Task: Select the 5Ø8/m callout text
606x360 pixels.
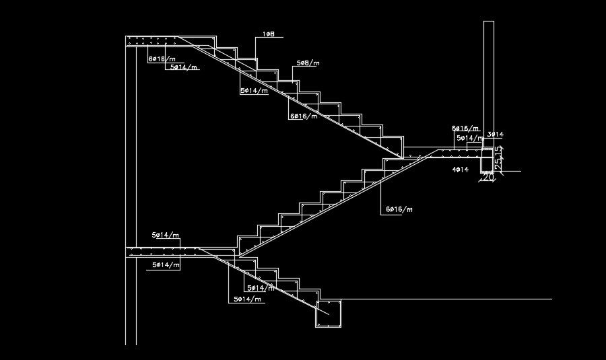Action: (307, 63)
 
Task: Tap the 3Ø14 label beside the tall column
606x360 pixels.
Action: (495, 135)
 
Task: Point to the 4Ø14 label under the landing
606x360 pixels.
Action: (461, 170)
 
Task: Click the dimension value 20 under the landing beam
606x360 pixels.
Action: (487, 180)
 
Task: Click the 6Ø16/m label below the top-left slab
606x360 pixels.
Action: (162, 59)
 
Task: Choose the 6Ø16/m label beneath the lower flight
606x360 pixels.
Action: (399, 210)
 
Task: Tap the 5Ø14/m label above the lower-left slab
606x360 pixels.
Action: (166, 235)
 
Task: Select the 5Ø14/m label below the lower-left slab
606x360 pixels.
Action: (166, 265)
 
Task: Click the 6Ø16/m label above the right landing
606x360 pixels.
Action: (465, 128)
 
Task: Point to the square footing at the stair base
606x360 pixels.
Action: (329, 314)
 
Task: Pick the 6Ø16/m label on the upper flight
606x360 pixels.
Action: (304, 116)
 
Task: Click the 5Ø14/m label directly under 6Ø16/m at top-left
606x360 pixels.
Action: (183, 67)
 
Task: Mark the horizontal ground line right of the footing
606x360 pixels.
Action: (444, 299)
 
